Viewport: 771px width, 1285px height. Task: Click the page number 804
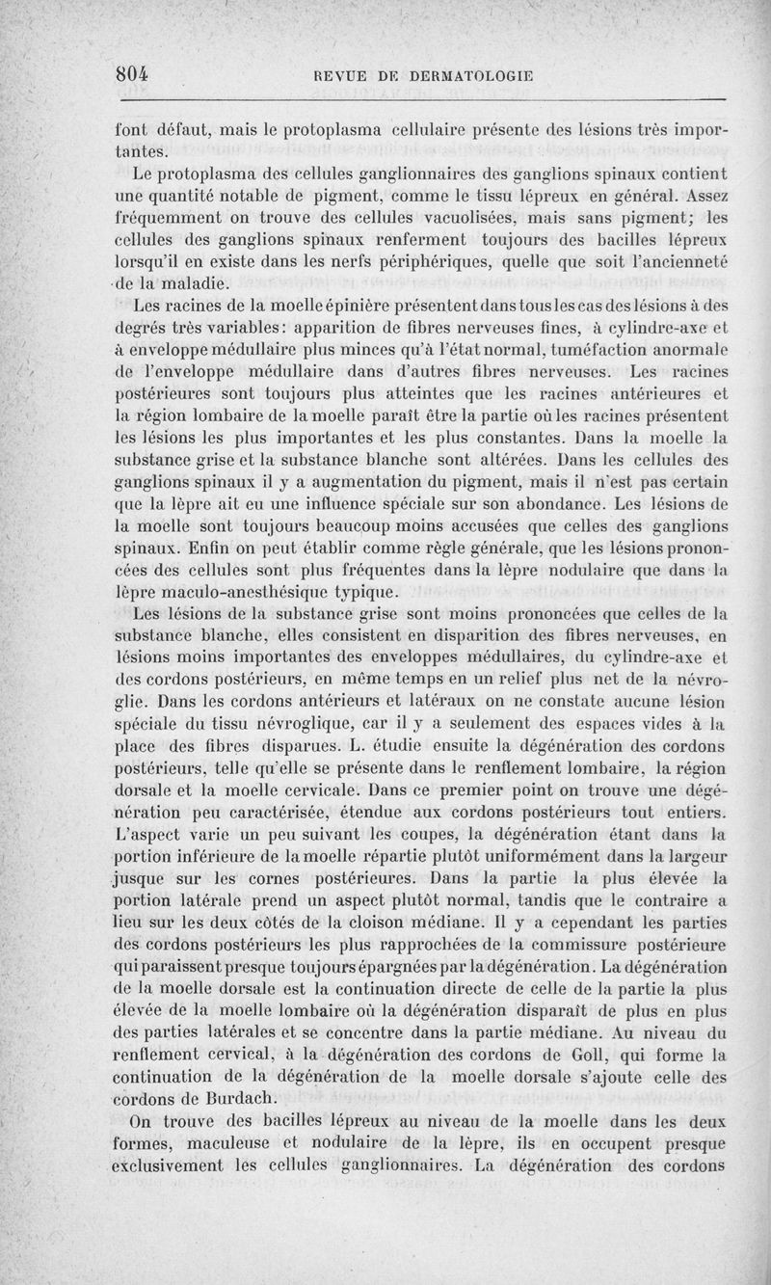pyautogui.click(x=137, y=74)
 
